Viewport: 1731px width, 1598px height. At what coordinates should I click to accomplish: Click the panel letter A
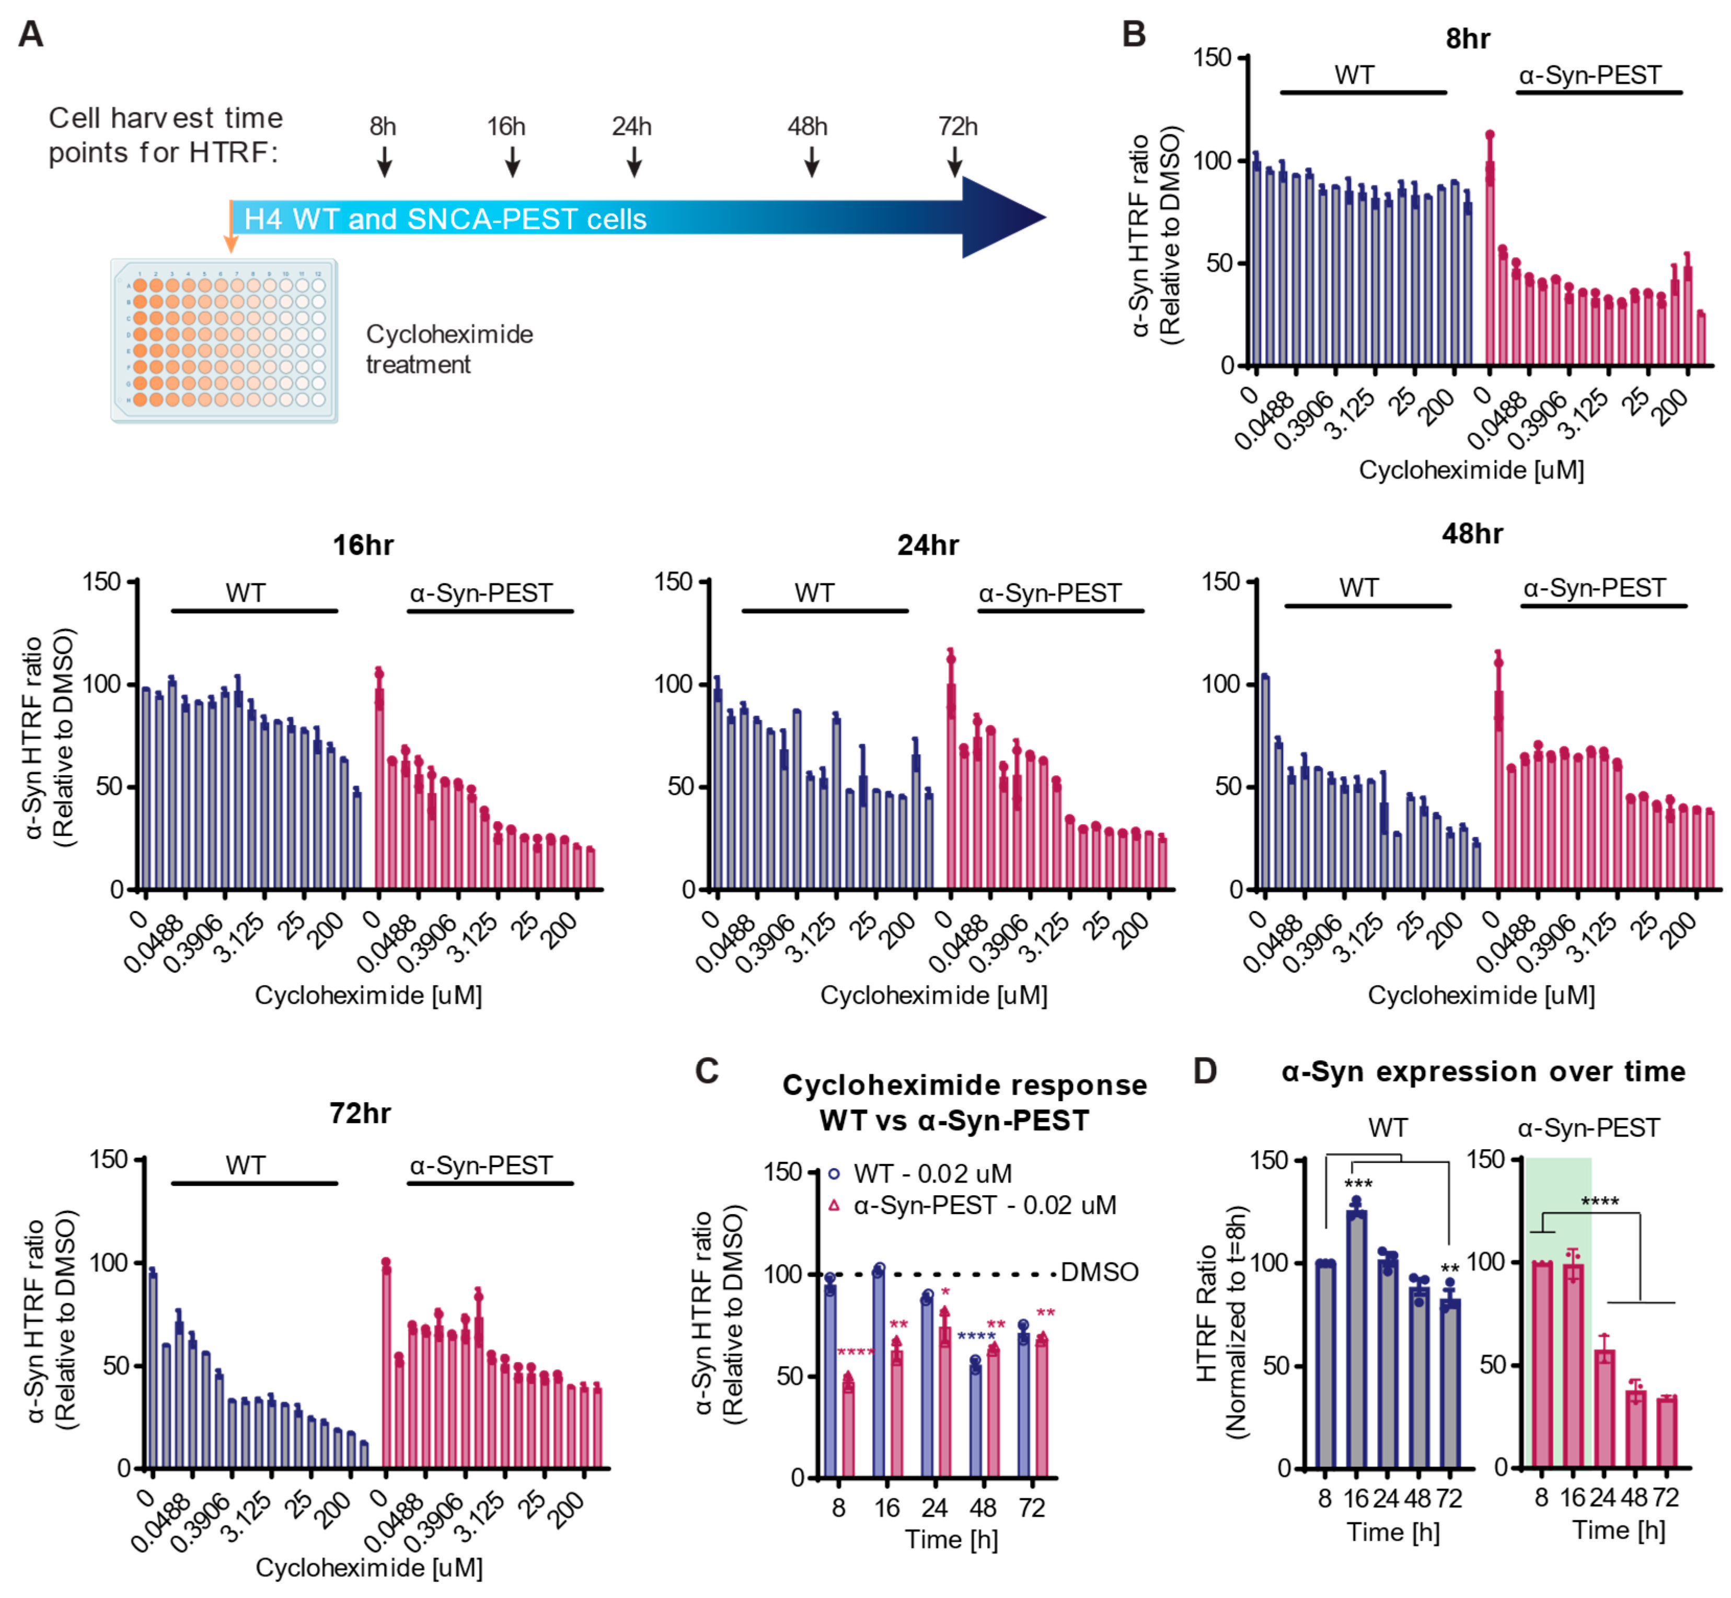31,34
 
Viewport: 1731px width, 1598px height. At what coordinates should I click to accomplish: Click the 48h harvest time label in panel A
806,126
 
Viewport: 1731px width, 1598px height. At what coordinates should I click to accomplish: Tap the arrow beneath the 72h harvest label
954,161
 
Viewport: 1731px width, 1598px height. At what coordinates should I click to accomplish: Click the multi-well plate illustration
224,341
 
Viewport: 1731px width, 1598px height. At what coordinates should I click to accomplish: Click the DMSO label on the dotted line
1100,1272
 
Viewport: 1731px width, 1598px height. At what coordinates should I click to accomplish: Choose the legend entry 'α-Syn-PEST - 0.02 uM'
974,1205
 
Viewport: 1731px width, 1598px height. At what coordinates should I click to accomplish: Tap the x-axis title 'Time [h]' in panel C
952,1539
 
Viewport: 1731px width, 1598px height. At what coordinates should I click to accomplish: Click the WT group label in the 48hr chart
1358,588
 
